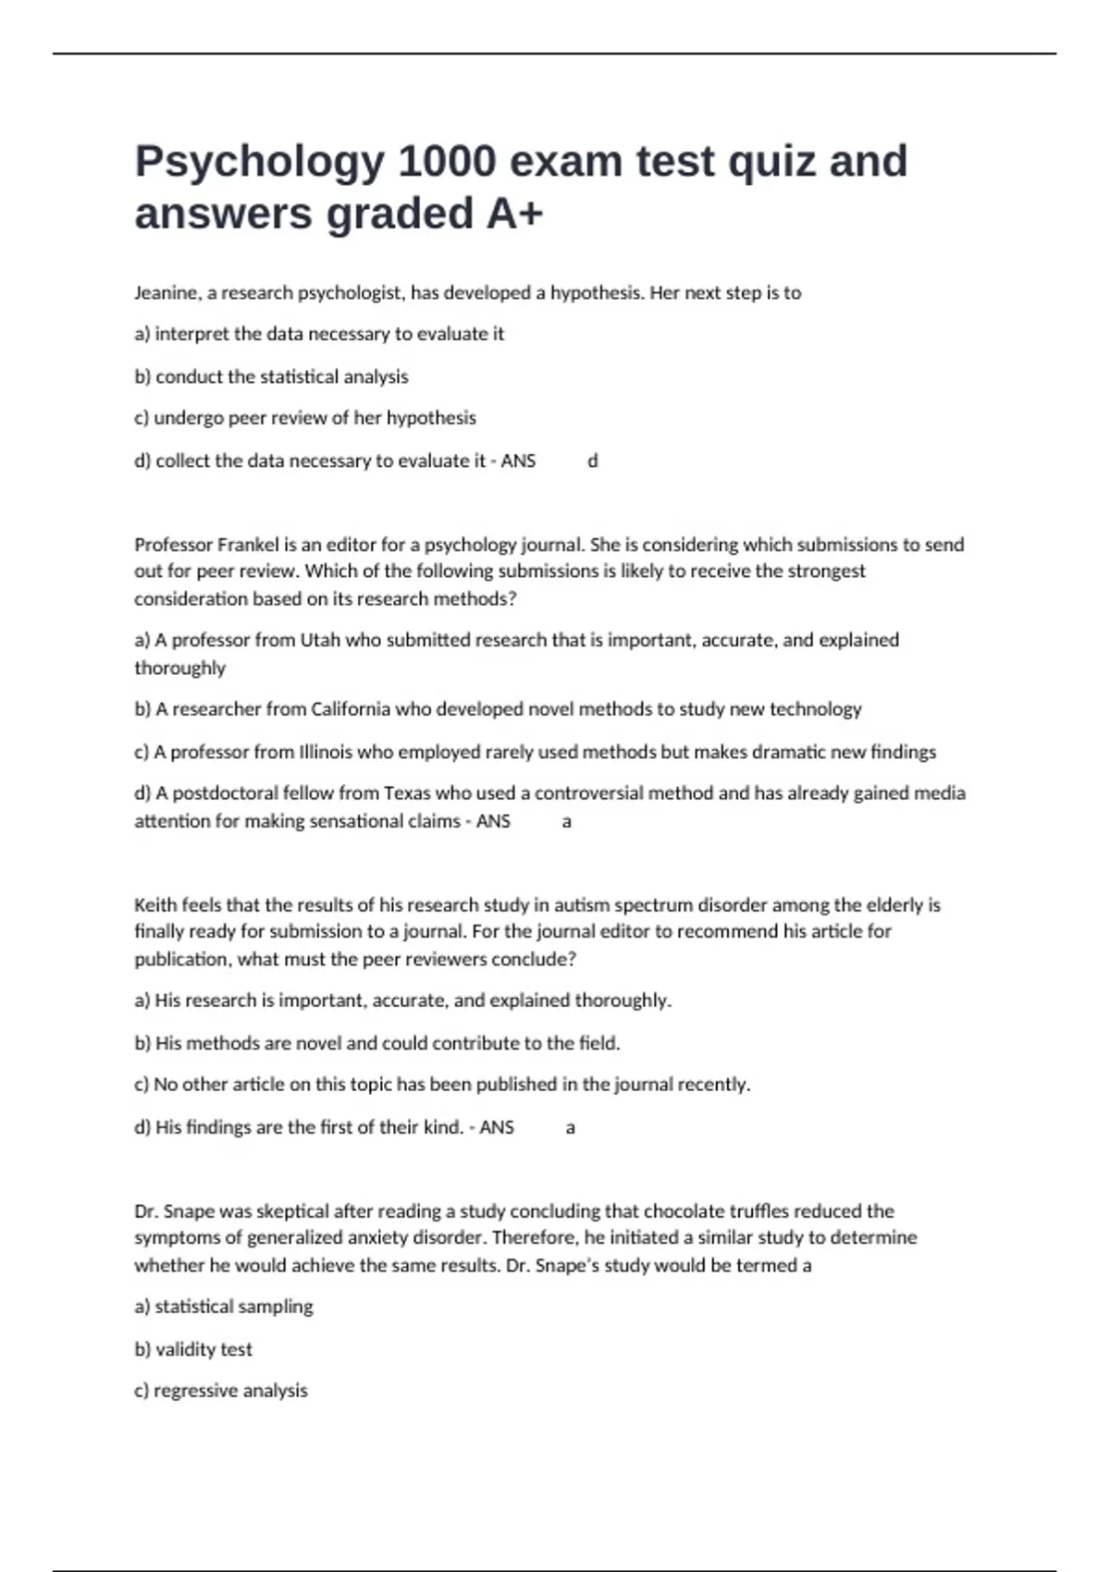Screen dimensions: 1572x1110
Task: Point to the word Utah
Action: pyautogui.click(x=320, y=640)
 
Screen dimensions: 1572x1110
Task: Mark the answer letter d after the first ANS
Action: pyautogui.click(x=593, y=461)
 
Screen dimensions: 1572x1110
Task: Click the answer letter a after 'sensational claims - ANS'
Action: pyautogui.click(x=567, y=821)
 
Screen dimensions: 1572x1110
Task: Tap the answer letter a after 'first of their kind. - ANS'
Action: pyautogui.click(x=571, y=1127)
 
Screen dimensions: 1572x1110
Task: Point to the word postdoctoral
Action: pyautogui.click(x=226, y=793)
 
